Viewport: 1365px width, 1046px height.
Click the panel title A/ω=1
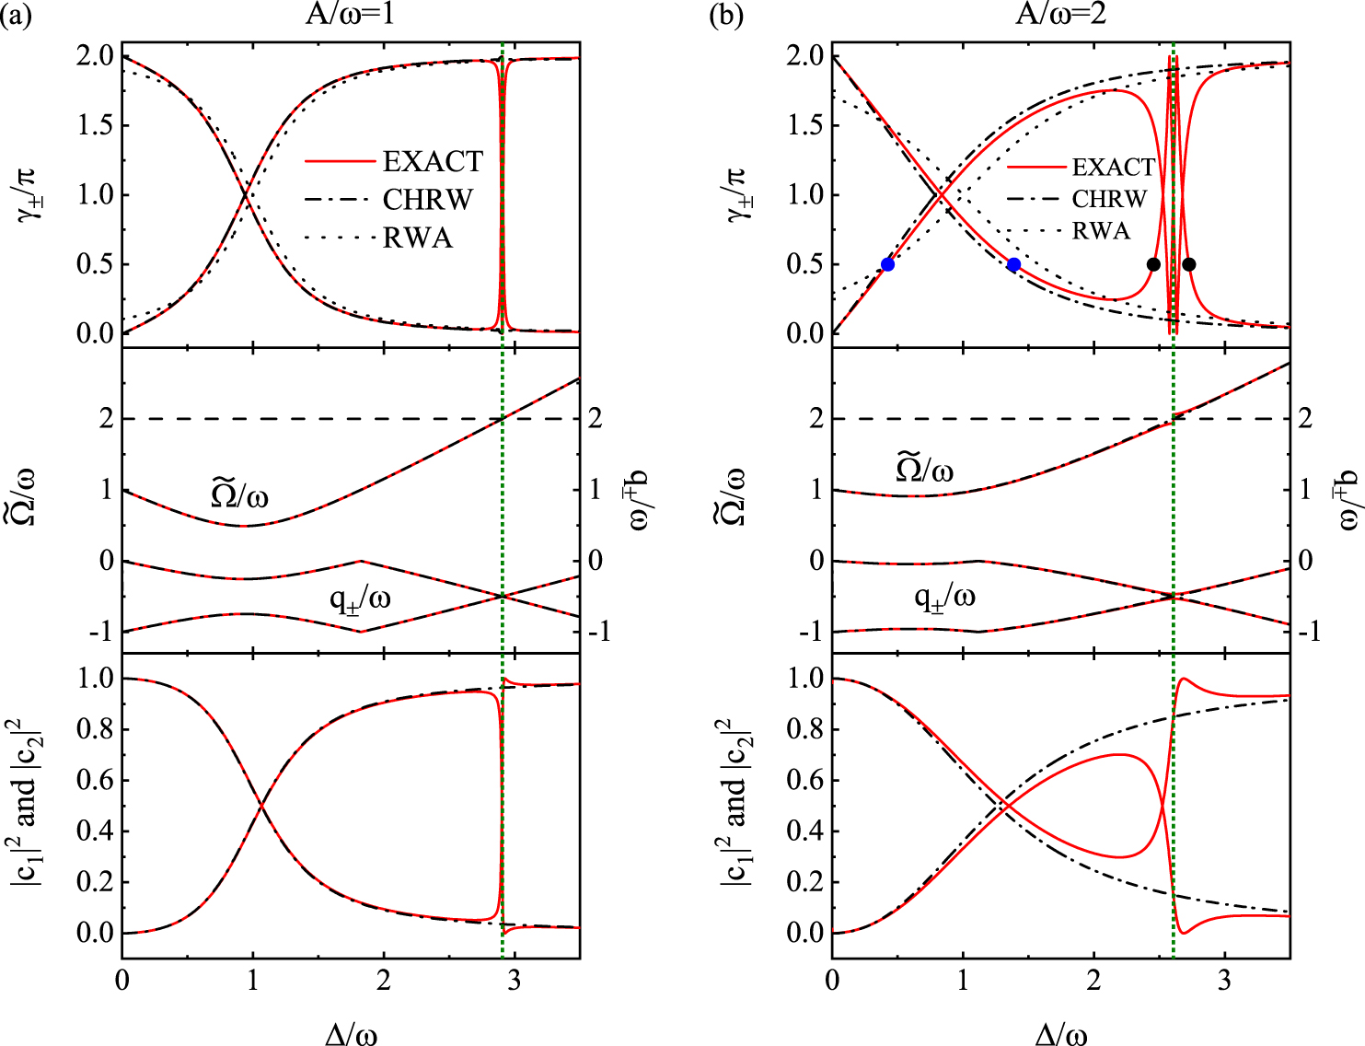pyautogui.click(x=350, y=16)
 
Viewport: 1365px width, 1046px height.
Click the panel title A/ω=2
pyautogui.click(x=1059, y=16)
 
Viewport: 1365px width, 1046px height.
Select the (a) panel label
pyautogui.click(x=17, y=17)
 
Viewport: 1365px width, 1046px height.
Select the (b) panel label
pyautogui.click(x=726, y=17)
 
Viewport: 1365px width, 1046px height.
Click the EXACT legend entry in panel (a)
pyautogui.click(x=433, y=162)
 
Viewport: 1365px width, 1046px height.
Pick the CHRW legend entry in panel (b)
pyautogui.click(x=1109, y=199)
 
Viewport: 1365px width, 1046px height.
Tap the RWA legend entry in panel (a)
pyautogui.click(x=418, y=238)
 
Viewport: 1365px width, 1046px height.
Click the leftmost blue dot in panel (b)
pyautogui.click(x=887, y=264)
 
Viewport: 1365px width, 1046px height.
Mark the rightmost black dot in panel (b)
pyautogui.click(x=1188, y=264)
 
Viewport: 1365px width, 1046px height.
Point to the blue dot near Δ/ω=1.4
pyautogui.click(x=1013, y=264)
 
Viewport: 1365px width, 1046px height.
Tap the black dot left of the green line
pyautogui.click(x=1153, y=264)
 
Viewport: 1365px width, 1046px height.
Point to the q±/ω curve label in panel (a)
pyautogui.click(x=360, y=599)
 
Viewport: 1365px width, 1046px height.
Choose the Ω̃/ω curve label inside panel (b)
pyautogui.click(x=924, y=470)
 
